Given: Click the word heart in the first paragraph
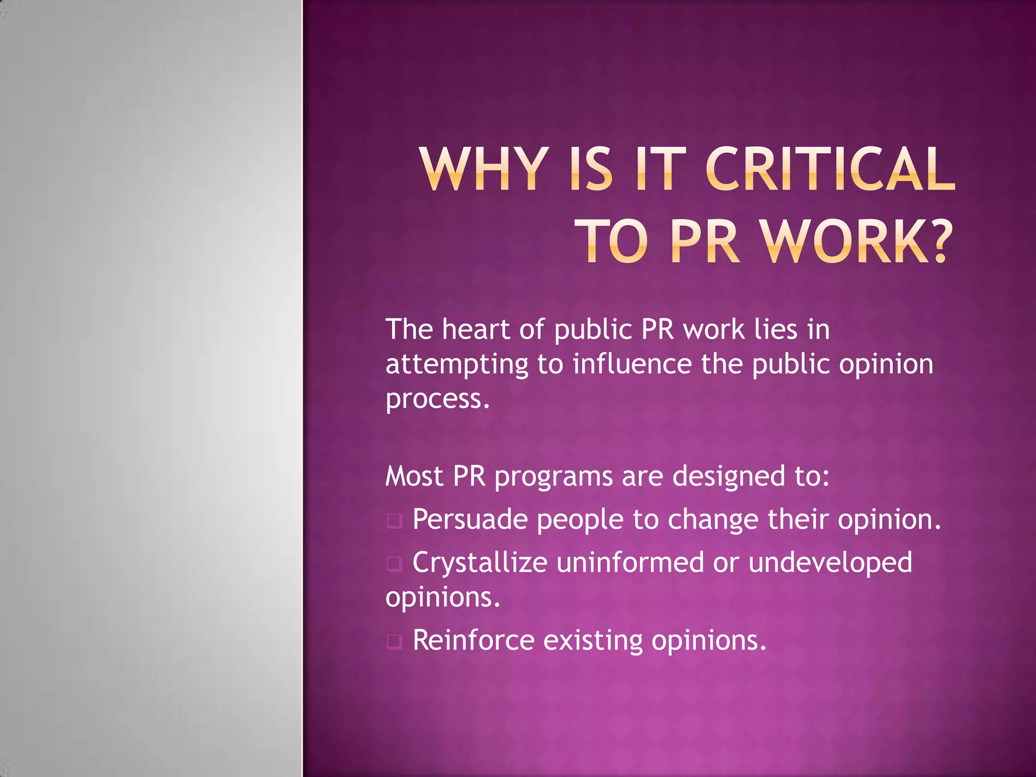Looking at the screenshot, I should [476, 329].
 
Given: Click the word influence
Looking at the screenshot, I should [632, 364].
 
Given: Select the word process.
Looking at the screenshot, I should [438, 399].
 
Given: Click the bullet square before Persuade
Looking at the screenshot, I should [395, 521].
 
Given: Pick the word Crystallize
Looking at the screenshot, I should [480, 563].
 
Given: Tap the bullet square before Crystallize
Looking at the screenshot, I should [395, 564].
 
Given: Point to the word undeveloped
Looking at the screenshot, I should [830, 563].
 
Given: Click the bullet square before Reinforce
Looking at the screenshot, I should [395, 641].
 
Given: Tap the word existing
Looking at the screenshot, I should [593, 641].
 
